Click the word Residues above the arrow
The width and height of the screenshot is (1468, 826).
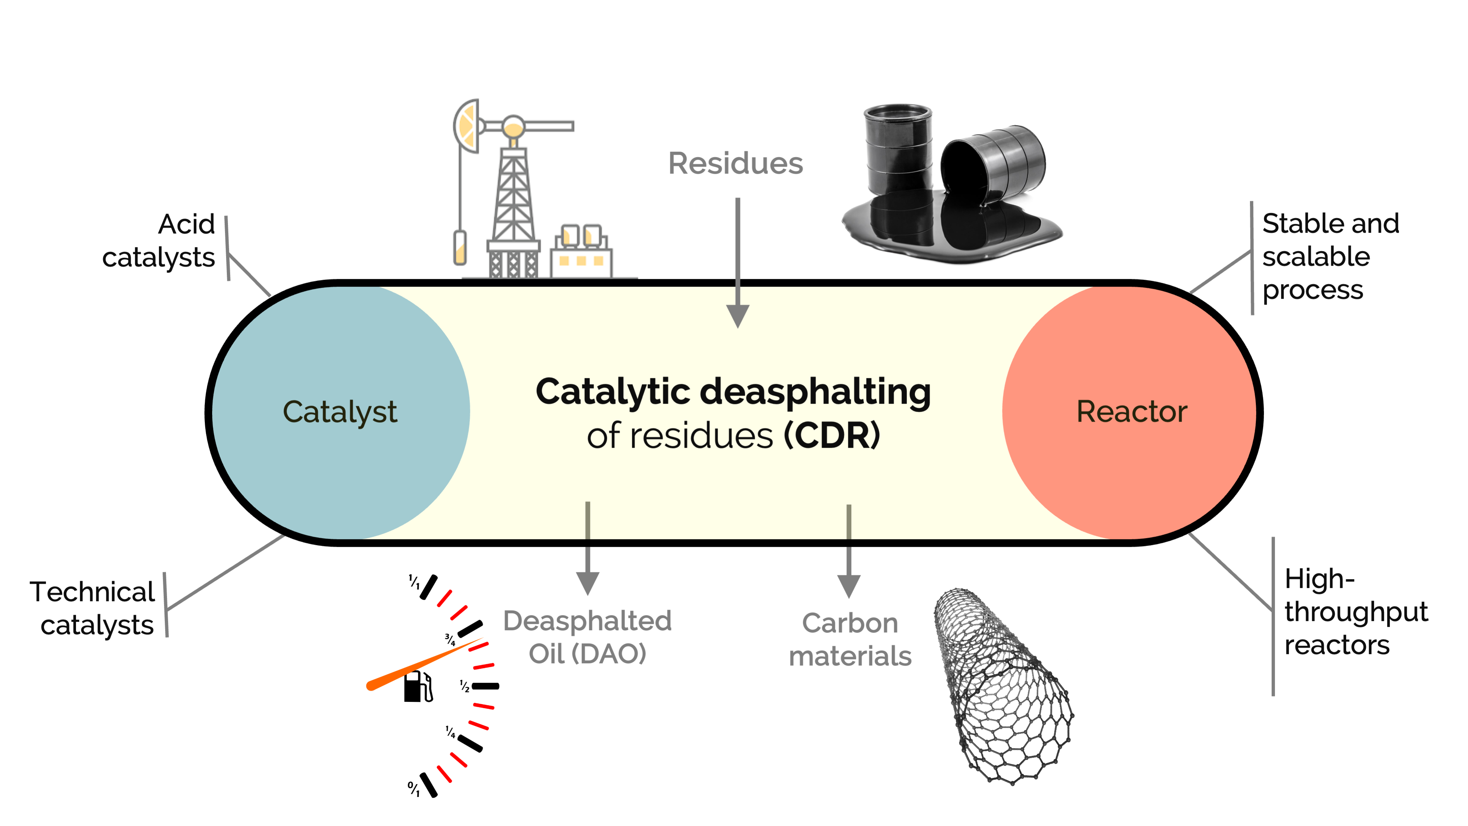735,163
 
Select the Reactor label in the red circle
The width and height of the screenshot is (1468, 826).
1131,412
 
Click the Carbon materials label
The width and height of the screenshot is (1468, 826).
850,639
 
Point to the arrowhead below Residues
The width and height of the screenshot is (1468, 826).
737,316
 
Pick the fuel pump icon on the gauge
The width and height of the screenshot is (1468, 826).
418,686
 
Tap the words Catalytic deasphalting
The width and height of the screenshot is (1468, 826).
733,392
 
